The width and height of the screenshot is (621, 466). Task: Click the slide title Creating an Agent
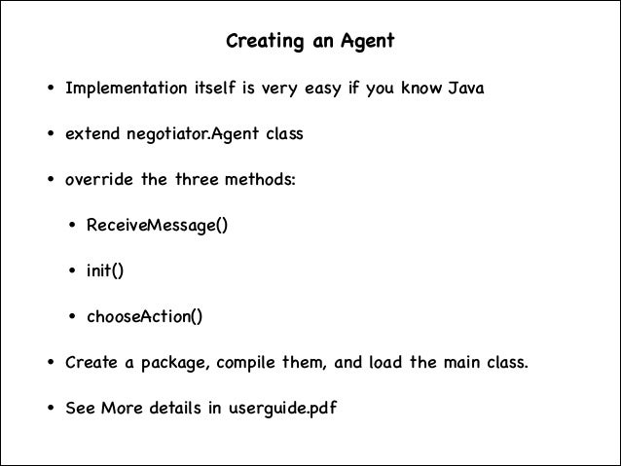coord(310,43)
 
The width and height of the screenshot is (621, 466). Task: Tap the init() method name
coord(105,271)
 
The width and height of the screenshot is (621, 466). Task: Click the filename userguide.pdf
coord(282,408)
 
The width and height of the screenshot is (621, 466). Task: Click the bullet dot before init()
coord(72,272)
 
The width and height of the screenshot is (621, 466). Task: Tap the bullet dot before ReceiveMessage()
coord(72,227)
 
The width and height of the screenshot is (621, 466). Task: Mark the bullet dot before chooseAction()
coord(72,317)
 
